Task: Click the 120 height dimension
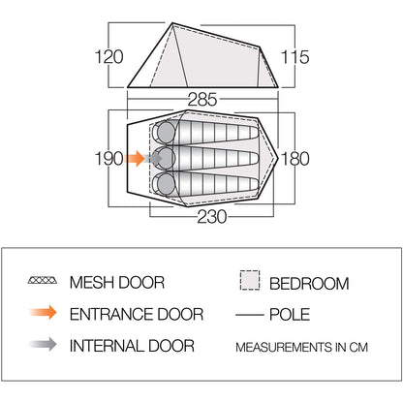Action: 109,57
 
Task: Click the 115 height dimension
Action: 294,57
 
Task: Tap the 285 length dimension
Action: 202,100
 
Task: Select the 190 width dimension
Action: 109,159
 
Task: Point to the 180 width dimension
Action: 295,159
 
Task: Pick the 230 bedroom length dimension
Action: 212,217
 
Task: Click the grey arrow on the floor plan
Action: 153,159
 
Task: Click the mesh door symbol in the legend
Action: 43,280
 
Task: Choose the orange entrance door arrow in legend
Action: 44,312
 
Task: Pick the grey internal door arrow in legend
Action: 44,344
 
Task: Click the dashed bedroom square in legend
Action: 250,280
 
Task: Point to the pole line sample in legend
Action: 250,314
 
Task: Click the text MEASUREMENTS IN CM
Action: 301,348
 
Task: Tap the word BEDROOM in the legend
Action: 309,284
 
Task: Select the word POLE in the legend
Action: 290,314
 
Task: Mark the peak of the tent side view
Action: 172,23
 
